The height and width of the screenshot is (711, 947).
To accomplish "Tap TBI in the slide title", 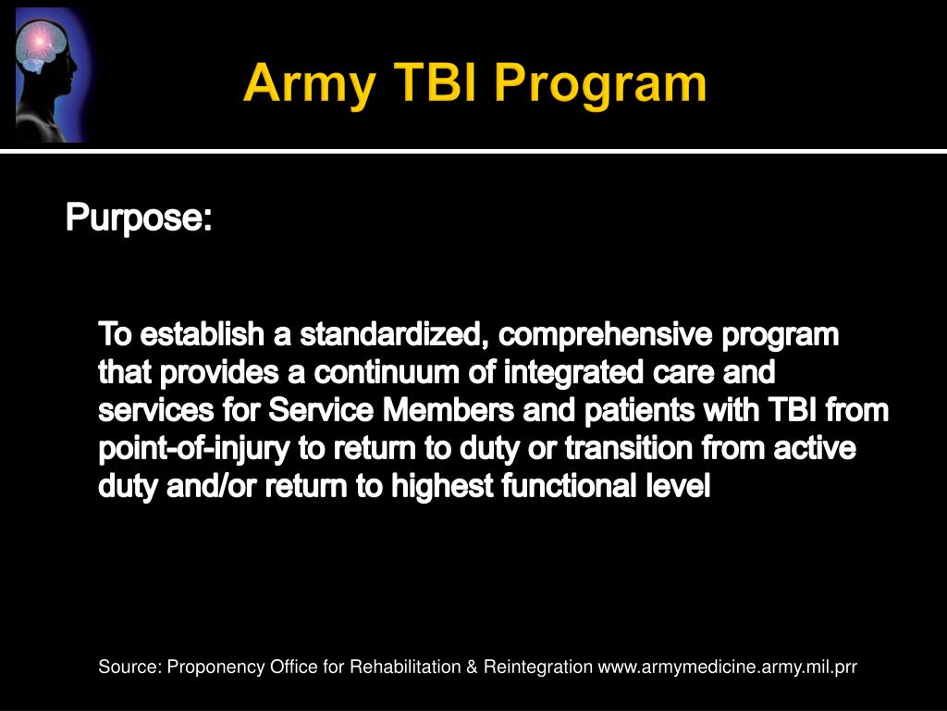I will pos(433,85).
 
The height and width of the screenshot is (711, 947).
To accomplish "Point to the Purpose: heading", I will pos(139,219).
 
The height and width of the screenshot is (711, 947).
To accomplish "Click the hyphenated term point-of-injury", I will pos(193,449).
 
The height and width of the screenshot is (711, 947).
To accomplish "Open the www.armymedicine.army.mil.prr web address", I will pos(728,667).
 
